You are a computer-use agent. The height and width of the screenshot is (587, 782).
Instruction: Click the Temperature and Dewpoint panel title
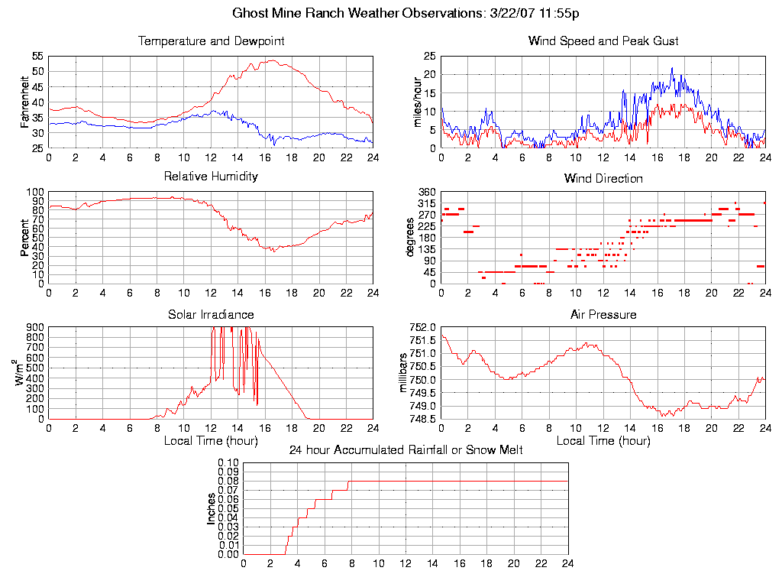click(211, 41)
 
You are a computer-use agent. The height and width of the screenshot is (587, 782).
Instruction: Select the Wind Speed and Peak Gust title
click(603, 41)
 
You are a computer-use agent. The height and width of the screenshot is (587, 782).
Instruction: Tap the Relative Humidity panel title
click(211, 177)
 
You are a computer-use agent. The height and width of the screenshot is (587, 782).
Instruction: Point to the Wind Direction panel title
click(603, 179)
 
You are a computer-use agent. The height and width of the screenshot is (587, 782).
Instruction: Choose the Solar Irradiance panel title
click(211, 314)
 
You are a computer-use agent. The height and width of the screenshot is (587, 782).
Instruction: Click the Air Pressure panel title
click(603, 314)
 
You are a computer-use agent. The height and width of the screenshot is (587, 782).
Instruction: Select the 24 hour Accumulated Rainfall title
click(406, 450)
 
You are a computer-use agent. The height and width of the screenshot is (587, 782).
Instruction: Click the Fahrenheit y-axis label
click(26, 102)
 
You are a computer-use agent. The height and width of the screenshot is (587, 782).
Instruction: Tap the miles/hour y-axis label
click(418, 102)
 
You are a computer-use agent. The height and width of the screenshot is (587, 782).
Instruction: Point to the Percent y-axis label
click(26, 238)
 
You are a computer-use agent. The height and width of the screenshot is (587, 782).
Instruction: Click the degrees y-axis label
click(411, 238)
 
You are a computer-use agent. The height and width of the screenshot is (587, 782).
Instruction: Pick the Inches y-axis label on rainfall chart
click(212, 508)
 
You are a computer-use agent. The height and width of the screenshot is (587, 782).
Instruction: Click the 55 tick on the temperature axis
click(37, 57)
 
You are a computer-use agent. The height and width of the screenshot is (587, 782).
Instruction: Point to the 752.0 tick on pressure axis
click(422, 327)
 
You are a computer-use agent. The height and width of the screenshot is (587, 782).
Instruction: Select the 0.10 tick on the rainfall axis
click(228, 462)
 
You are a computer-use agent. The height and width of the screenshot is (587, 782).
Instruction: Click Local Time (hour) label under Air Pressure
click(603, 441)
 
